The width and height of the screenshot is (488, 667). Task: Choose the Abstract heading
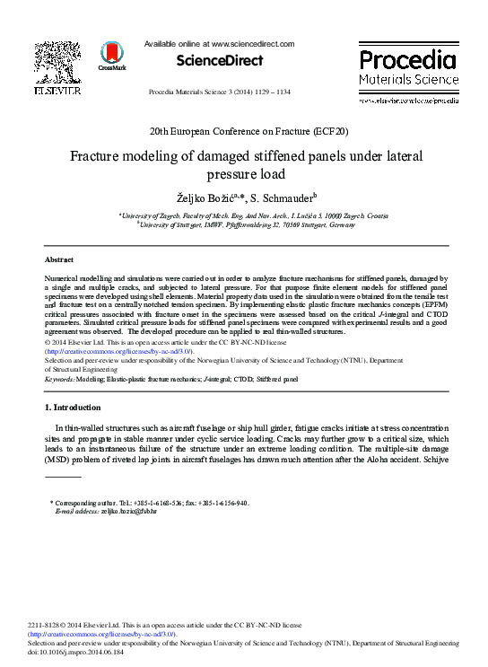click(59, 259)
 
